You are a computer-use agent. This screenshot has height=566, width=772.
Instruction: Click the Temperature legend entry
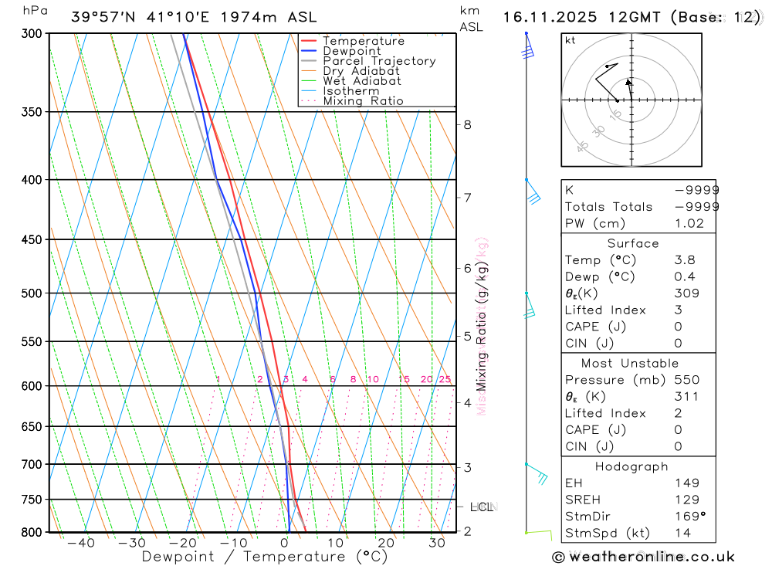coord(363,41)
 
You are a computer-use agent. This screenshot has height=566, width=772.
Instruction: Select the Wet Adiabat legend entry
coord(361,81)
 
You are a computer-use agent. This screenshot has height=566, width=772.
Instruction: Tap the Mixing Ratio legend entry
coord(363,101)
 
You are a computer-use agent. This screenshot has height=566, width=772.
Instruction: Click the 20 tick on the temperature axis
coord(386,544)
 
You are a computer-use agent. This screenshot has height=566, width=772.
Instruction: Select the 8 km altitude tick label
coord(467,124)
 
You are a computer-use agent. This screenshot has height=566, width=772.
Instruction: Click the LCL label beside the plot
coord(481,507)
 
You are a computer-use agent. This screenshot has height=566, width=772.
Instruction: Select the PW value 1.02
coord(689,223)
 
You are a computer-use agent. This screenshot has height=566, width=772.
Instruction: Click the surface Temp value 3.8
coord(684,260)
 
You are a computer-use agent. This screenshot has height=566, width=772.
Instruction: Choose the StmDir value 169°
coord(689,517)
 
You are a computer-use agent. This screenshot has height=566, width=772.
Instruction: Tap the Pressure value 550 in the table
coord(686,380)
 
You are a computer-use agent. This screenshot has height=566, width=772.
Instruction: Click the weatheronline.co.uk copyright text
coord(644,557)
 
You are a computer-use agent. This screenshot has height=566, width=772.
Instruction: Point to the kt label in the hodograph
coord(571,40)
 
